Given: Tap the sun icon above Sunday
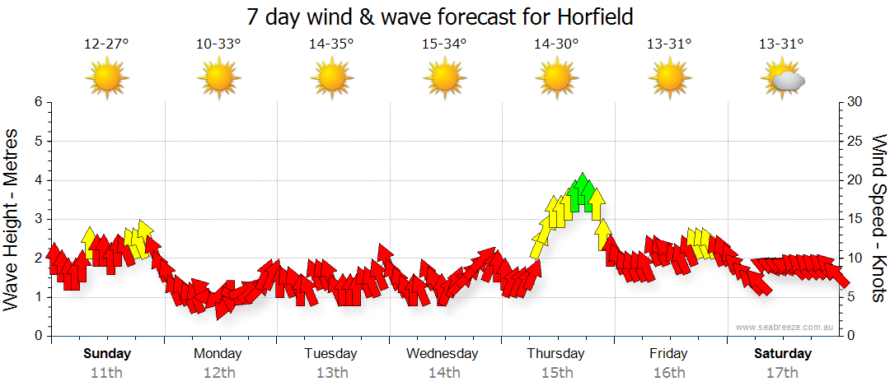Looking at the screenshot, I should pyautogui.click(x=107, y=79).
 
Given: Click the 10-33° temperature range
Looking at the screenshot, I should pyautogui.click(x=218, y=44).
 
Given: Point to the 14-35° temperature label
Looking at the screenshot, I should pyautogui.click(x=331, y=44).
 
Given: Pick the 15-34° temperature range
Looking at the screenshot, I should pyautogui.click(x=444, y=44).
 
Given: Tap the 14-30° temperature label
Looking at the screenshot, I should pyautogui.click(x=556, y=44).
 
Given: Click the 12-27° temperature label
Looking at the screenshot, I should pyautogui.click(x=106, y=44).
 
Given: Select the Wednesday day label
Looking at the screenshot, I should pyautogui.click(x=443, y=354).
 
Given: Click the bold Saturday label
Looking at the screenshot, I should pyautogui.click(x=783, y=354).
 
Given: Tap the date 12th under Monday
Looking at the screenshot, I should pyautogui.click(x=218, y=372).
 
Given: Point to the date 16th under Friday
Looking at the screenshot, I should pyautogui.click(x=669, y=372).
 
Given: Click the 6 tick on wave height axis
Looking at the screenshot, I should pyautogui.click(x=38, y=102).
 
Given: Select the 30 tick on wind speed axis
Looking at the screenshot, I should pyautogui.click(x=855, y=102).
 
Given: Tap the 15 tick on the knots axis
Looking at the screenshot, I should pyautogui.click(x=855, y=219).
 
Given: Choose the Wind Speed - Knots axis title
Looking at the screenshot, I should pyautogui.click(x=878, y=219).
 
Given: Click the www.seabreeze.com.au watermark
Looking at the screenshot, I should pyautogui.click(x=785, y=327).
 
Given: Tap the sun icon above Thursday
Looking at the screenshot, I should pyautogui.click(x=556, y=79).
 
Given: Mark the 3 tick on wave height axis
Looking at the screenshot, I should pyautogui.click(x=38, y=219).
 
